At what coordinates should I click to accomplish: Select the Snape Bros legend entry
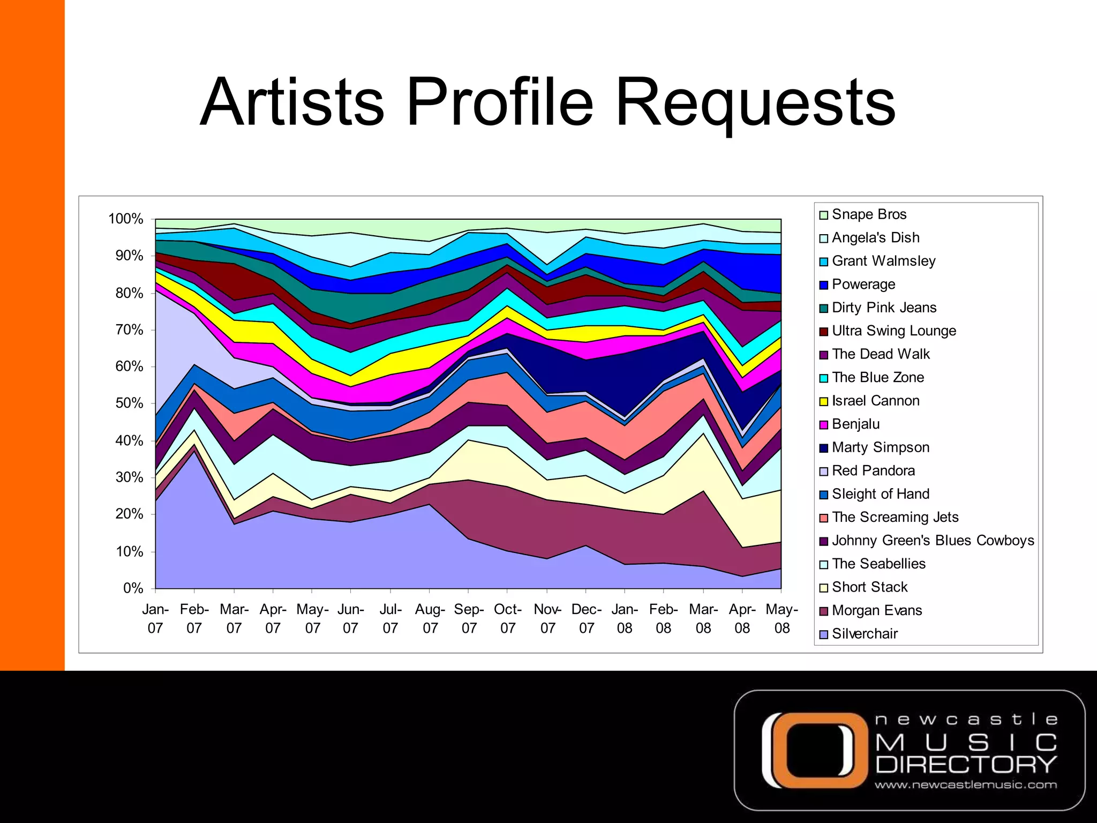pyautogui.click(x=868, y=214)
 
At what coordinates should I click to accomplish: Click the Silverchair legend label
pyautogui.click(x=864, y=634)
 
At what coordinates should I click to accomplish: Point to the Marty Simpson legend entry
pyautogui.click(x=880, y=447)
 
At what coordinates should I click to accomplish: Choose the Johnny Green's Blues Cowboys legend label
pyautogui.click(x=933, y=541)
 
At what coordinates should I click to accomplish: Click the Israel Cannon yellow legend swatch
pyautogui.click(x=824, y=402)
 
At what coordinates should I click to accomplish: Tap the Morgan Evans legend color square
pyautogui.click(x=824, y=611)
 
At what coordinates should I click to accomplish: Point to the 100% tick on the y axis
pyautogui.click(x=126, y=219)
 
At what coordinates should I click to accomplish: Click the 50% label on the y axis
pyautogui.click(x=129, y=403)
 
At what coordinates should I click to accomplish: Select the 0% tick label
pyautogui.click(x=133, y=588)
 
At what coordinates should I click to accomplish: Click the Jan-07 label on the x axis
pyautogui.click(x=155, y=619)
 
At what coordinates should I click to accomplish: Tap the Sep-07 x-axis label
pyautogui.click(x=469, y=619)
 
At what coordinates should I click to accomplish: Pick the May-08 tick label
pyautogui.click(x=782, y=619)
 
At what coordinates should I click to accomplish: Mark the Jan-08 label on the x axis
pyautogui.click(x=625, y=619)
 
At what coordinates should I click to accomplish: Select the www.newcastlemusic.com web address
pyautogui.click(x=966, y=785)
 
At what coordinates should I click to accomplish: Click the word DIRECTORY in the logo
pyautogui.click(x=966, y=765)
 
